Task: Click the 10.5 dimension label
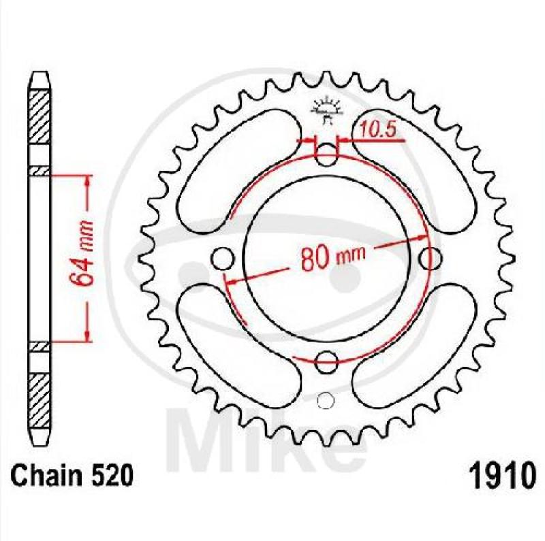point(377,129)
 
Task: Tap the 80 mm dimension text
point(333,257)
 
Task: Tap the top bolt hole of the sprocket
point(326,154)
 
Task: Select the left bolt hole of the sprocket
point(223,259)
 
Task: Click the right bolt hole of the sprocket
point(430,259)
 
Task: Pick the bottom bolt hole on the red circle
point(326,362)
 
